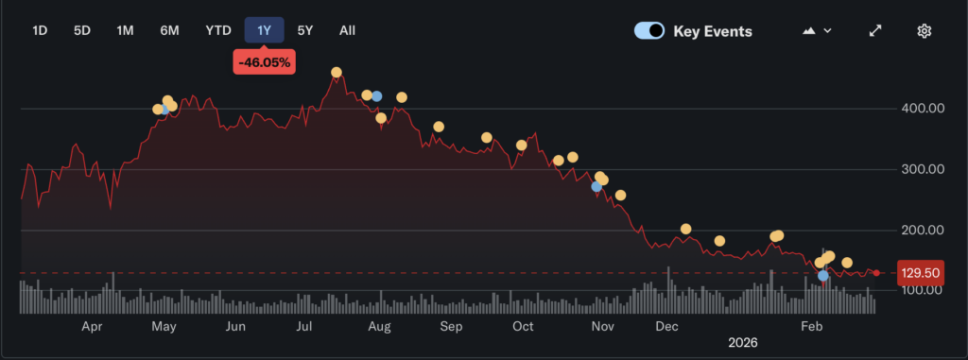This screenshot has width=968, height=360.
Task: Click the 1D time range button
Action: pos(40,30)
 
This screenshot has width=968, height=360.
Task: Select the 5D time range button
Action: pos(82,30)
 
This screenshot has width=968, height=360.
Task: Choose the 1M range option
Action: pos(125,30)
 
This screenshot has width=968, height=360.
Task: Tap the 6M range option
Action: pos(169,30)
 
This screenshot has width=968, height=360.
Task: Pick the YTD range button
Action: pos(218,30)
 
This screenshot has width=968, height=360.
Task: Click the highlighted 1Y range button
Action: pos(265,30)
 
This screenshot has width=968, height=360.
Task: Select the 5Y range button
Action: pos(305,30)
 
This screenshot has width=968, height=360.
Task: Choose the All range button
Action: pos(347,30)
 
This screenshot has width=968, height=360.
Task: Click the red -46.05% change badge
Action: pos(265,63)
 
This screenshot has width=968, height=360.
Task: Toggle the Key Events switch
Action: pos(648,30)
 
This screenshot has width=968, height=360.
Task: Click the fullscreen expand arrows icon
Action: pos(875,30)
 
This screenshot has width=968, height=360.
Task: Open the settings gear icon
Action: pos(925,30)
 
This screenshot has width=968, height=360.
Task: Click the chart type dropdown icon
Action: pos(817,30)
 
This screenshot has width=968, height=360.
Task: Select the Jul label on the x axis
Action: pos(304,326)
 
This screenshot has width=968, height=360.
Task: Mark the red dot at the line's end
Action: pos(876,273)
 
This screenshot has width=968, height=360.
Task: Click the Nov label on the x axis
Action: pos(602,326)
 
